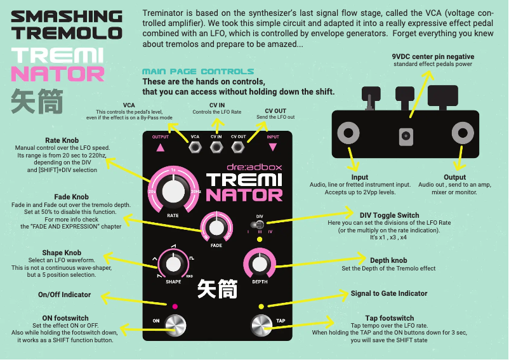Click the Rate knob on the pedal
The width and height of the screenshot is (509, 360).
point(171,190)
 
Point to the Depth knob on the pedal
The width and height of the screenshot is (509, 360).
point(260,263)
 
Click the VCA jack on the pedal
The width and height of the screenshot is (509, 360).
point(195,147)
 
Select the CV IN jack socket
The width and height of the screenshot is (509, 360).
point(216,147)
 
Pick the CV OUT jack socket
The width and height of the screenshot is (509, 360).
point(238,147)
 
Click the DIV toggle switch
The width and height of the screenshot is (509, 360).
point(260,223)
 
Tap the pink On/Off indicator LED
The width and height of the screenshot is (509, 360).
point(176,306)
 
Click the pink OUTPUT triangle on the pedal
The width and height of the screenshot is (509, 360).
point(160,147)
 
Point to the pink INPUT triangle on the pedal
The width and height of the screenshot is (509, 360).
point(273,147)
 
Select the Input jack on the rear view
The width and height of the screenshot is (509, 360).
point(348,133)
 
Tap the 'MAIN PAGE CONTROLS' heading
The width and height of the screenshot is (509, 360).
point(198,72)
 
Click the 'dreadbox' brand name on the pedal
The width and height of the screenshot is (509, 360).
point(254,168)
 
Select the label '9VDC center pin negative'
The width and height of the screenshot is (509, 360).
point(433,57)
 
